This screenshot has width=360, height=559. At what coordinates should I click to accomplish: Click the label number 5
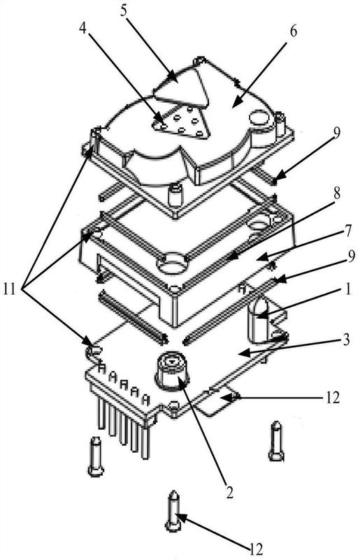tap(124, 10)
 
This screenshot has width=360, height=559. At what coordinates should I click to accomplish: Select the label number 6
tap(293, 31)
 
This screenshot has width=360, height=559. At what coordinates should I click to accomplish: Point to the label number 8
tap(336, 194)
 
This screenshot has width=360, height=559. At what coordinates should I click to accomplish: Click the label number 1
tap(347, 289)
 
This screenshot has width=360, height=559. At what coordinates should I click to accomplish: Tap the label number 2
tap(229, 492)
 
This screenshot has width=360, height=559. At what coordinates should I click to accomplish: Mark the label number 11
tap(10, 289)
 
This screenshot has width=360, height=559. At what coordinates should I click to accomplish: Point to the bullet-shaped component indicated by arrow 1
tap(259, 320)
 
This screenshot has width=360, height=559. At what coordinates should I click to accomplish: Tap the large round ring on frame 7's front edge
tap(173, 264)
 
